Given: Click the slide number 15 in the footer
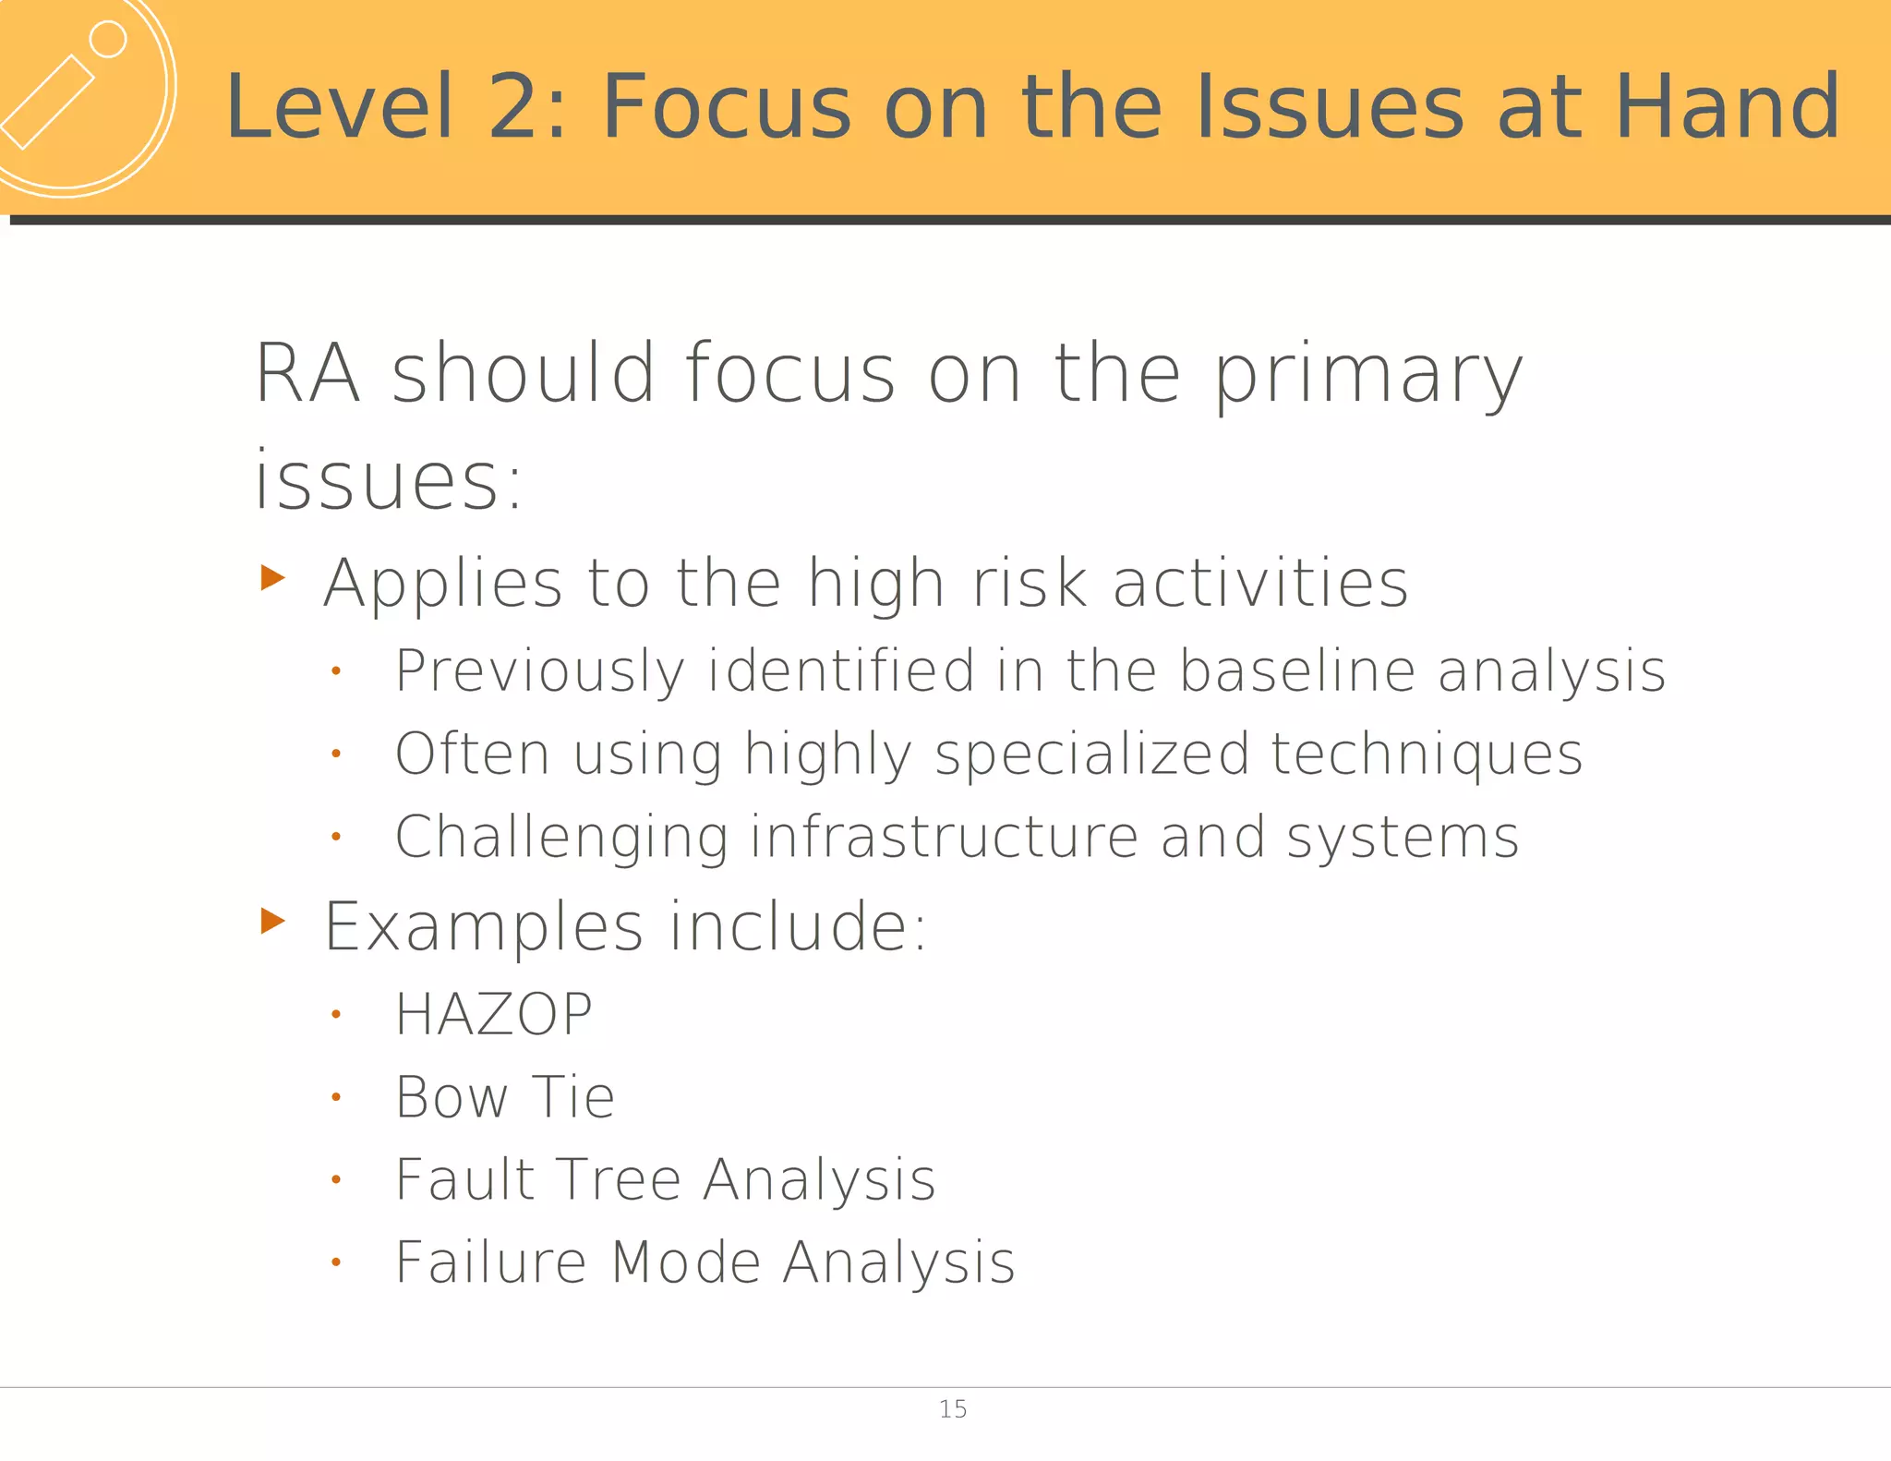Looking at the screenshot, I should (x=952, y=1409).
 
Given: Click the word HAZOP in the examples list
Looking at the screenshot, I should (x=494, y=1015).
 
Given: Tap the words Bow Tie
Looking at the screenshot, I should (x=505, y=1098).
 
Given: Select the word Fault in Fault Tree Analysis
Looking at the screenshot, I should (x=465, y=1180).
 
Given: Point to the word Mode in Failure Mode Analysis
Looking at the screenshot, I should (x=686, y=1262).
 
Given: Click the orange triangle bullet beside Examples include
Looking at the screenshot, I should (x=272, y=921).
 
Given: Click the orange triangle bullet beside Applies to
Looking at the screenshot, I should (x=272, y=578).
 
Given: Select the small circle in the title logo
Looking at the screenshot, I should (x=108, y=40).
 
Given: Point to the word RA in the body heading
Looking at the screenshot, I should (x=307, y=374).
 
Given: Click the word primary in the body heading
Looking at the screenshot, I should (x=1367, y=374).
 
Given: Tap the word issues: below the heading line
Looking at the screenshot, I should (x=389, y=480).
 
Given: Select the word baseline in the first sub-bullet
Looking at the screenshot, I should (x=1297, y=670).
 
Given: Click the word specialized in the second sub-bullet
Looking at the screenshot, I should (x=1091, y=754).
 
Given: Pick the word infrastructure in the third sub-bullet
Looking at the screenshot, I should (x=944, y=837).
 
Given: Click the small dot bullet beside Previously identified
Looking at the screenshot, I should (x=336, y=671).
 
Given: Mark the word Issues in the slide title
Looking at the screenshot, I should (x=1329, y=107).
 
